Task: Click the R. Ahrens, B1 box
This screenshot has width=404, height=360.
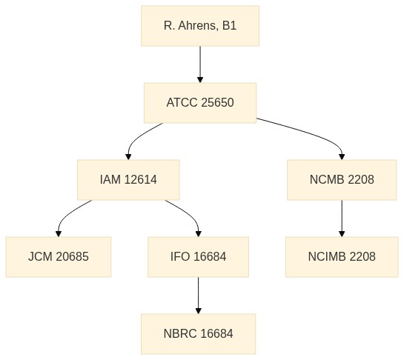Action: click(x=200, y=26)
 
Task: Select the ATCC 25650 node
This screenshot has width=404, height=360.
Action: click(x=200, y=103)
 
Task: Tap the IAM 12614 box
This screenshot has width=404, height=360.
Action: click(x=128, y=180)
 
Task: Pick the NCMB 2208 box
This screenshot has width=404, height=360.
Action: click(x=342, y=180)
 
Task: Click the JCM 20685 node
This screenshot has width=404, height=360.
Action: click(x=59, y=257)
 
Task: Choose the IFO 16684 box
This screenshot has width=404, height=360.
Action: click(x=198, y=257)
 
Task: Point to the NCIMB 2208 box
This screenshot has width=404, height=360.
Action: click(x=342, y=257)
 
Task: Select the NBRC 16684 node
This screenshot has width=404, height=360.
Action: click(x=198, y=334)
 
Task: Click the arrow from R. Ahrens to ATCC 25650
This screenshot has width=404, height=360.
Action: click(x=200, y=64)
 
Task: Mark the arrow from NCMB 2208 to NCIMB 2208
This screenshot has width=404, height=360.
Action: click(x=342, y=219)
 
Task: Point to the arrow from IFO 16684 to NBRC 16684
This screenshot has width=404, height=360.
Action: click(x=198, y=296)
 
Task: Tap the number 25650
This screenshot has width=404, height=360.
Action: click(x=217, y=102)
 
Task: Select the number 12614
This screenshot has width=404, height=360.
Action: click(x=140, y=179)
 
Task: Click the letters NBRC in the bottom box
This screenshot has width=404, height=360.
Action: click(x=180, y=333)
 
